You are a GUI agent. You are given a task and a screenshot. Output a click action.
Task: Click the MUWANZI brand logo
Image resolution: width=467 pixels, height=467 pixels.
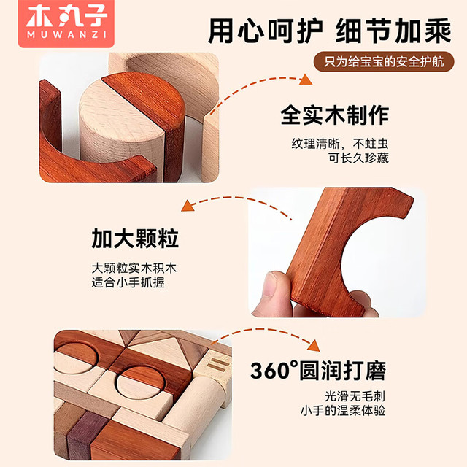coord(66,23)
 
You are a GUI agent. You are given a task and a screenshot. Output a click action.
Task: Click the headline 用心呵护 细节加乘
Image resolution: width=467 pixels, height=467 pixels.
coord(329,31)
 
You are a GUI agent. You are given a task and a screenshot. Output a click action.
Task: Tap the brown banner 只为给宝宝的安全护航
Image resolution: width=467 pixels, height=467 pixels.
coord(384,61)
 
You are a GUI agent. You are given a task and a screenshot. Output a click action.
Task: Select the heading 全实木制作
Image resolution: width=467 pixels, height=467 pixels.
coord(334,115)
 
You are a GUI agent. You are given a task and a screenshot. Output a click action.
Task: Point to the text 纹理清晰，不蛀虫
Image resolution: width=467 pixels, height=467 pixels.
coord(340,144)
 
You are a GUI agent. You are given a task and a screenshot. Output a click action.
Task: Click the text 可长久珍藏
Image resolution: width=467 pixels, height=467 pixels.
coord(358,158)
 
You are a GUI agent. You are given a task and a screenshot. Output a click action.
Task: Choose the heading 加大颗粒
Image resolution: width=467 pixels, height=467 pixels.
coord(135,239)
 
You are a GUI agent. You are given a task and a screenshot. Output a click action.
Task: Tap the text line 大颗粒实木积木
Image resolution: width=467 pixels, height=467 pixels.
coord(134,268)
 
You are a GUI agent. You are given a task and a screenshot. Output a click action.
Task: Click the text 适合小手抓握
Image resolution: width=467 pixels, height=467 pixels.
coord(128,282)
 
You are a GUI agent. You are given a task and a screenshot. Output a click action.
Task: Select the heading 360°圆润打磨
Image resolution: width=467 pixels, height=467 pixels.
coord(318,371)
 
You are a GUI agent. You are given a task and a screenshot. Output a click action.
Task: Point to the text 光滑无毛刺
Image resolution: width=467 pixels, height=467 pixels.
coord(355,396)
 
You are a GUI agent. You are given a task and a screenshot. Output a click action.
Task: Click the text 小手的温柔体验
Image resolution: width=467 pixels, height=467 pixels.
coord(343,411)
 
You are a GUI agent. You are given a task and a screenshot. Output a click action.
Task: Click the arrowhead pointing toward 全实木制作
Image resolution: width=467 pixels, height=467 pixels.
coord(306,80)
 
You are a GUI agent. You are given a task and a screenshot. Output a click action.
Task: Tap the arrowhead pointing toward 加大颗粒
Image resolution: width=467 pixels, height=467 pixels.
coord(188,206)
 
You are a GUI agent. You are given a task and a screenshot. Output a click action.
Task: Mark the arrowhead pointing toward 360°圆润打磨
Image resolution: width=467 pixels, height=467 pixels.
coord(314,346)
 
